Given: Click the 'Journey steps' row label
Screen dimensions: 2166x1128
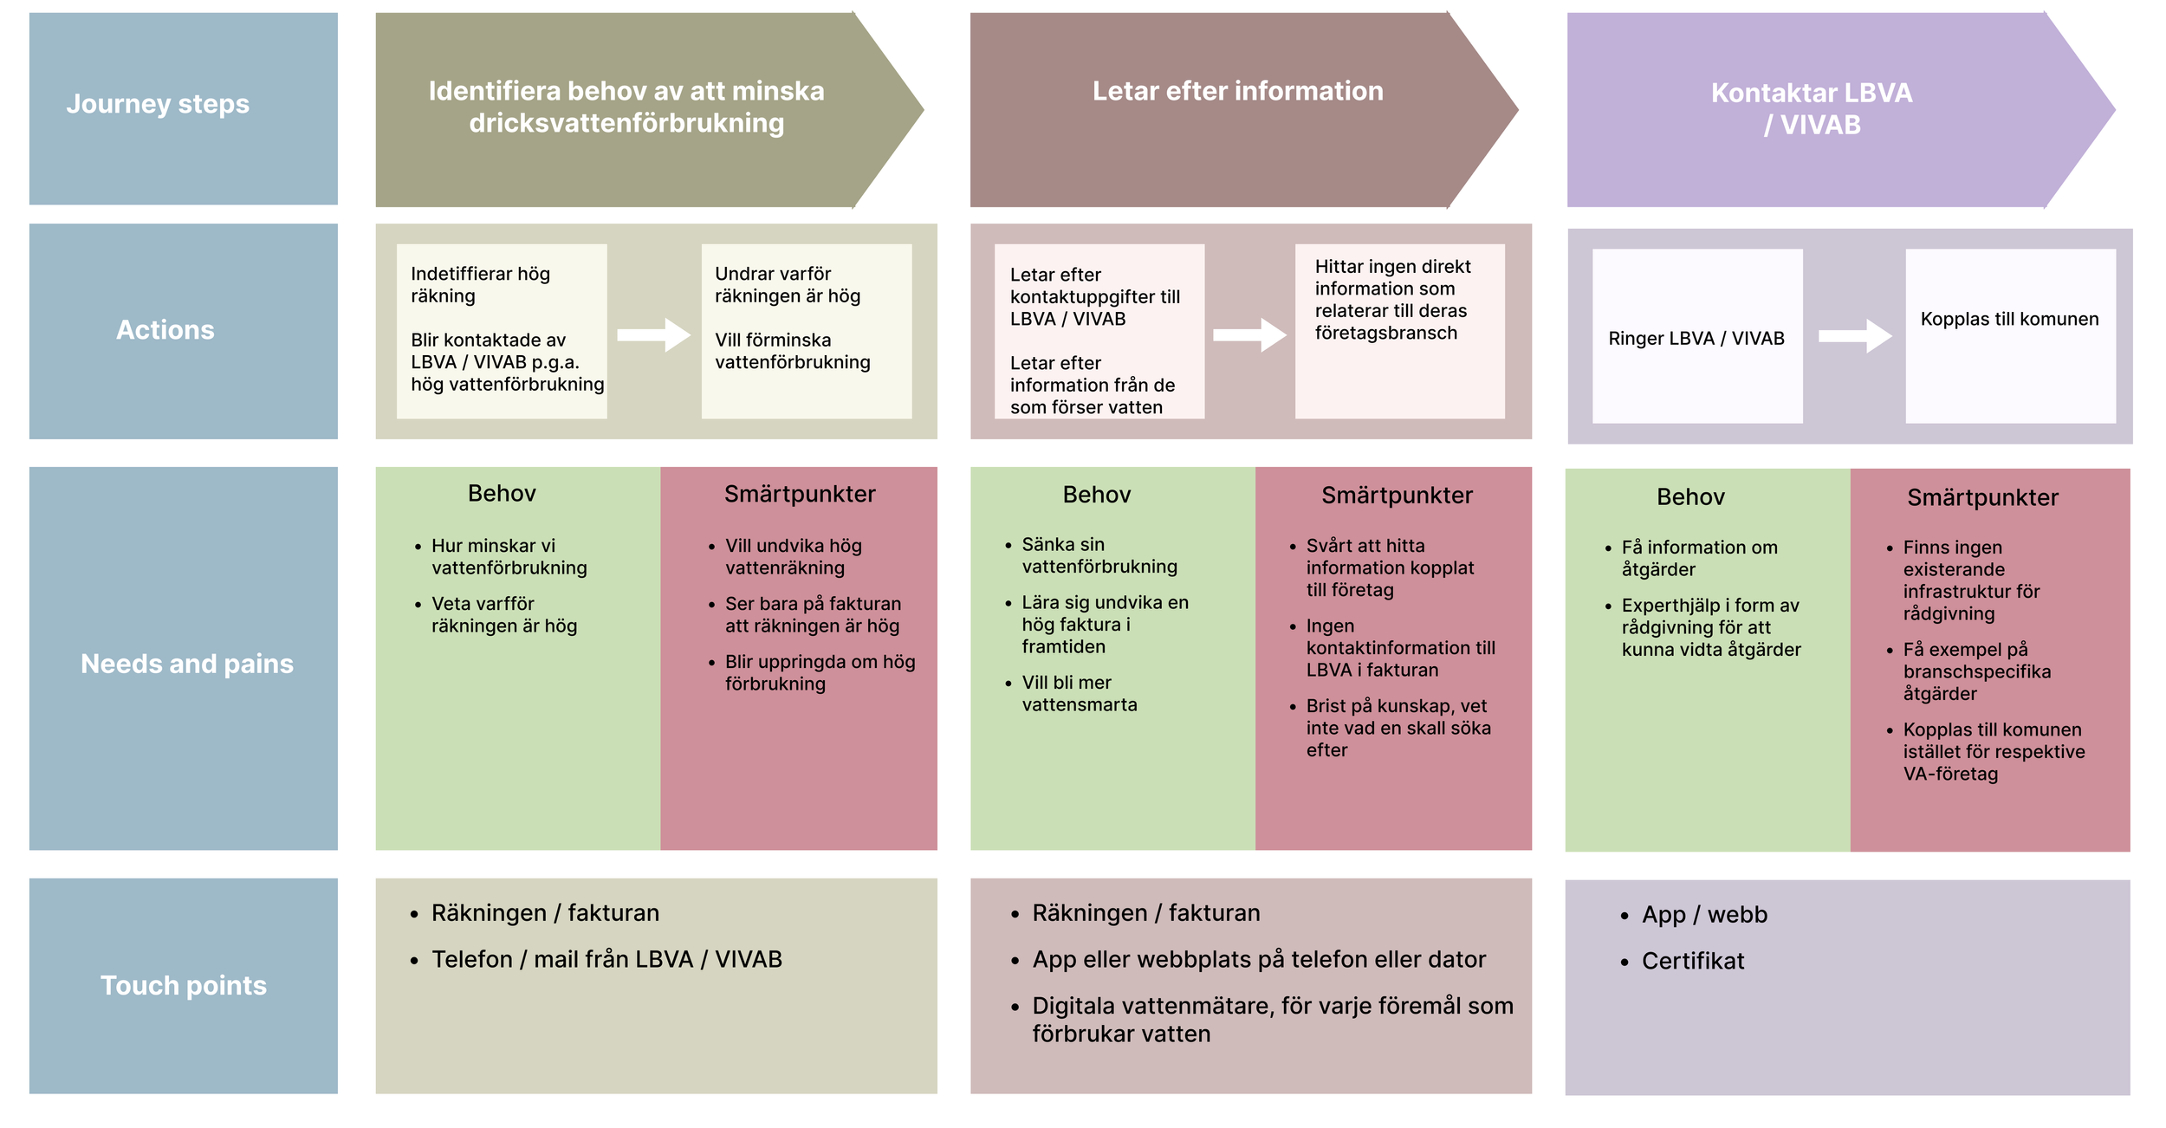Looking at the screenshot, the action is tap(158, 104).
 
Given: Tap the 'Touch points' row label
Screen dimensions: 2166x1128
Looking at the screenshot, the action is tap(184, 985).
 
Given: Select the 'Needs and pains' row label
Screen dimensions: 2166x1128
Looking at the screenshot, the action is tap(187, 664).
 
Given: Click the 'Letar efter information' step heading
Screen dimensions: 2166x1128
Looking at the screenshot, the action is tap(1237, 91).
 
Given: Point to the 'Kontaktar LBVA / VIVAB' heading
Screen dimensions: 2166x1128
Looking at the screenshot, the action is tap(1812, 108).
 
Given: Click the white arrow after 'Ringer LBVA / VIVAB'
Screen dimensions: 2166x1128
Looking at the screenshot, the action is tap(1854, 336).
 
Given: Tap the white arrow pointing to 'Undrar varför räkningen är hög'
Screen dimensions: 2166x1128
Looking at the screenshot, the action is tap(653, 334).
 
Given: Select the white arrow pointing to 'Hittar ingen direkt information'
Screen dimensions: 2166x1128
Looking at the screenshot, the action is tap(1249, 334).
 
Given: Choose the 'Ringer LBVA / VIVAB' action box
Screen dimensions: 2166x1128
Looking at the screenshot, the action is tap(1696, 339).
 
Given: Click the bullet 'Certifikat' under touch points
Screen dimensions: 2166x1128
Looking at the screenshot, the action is tap(1692, 961).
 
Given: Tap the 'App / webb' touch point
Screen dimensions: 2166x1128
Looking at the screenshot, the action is tap(1703, 915).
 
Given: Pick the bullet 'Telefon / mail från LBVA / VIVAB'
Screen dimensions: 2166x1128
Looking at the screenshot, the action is tap(606, 959).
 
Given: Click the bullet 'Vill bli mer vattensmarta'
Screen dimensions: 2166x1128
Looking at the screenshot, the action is tap(1079, 694).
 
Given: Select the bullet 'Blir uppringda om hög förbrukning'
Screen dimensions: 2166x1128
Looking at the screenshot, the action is tap(819, 673).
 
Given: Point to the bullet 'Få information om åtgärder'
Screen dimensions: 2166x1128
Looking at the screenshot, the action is tap(1698, 559).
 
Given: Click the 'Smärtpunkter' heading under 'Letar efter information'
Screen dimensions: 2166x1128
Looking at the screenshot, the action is tap(1397, 496).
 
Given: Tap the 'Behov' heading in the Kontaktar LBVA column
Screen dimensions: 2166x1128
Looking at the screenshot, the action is tap(1690, 497).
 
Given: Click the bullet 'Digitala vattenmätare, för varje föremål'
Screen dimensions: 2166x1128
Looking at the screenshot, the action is tap(1272, 1020).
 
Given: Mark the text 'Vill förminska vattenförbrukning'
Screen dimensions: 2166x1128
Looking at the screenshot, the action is tap(792, 352).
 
